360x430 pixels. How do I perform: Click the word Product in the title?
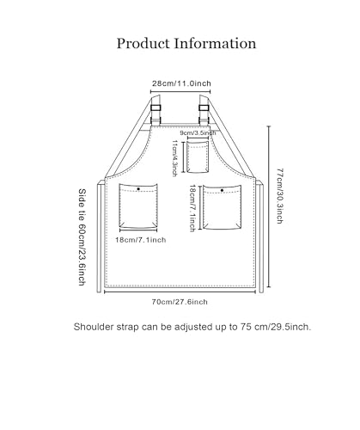(143, 44)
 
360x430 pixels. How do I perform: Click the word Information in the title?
(215, 43)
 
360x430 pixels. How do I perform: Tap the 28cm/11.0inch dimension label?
(181, 83)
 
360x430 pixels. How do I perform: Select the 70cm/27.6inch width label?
(180, 302)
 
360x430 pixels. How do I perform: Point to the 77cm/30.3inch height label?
(280, 196)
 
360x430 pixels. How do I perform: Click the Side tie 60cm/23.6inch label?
(82, 237)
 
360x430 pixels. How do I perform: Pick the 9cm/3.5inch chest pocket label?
(198, 133)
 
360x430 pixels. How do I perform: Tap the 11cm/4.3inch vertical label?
(174, 158)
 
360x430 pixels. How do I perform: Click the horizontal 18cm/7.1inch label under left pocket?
(141, 240)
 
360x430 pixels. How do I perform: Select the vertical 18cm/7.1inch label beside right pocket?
(192, 208)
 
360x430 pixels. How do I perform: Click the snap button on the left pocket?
(138, 189)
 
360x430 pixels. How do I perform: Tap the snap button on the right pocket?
(222, 190)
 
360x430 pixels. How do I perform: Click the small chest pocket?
(198, 157)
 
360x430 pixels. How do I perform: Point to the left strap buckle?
(156, 107)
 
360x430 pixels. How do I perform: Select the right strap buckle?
(204, 107)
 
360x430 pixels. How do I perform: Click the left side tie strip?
(99, 237)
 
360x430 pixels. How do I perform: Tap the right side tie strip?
(261, 237)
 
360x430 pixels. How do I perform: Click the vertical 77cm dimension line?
(269, 206)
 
